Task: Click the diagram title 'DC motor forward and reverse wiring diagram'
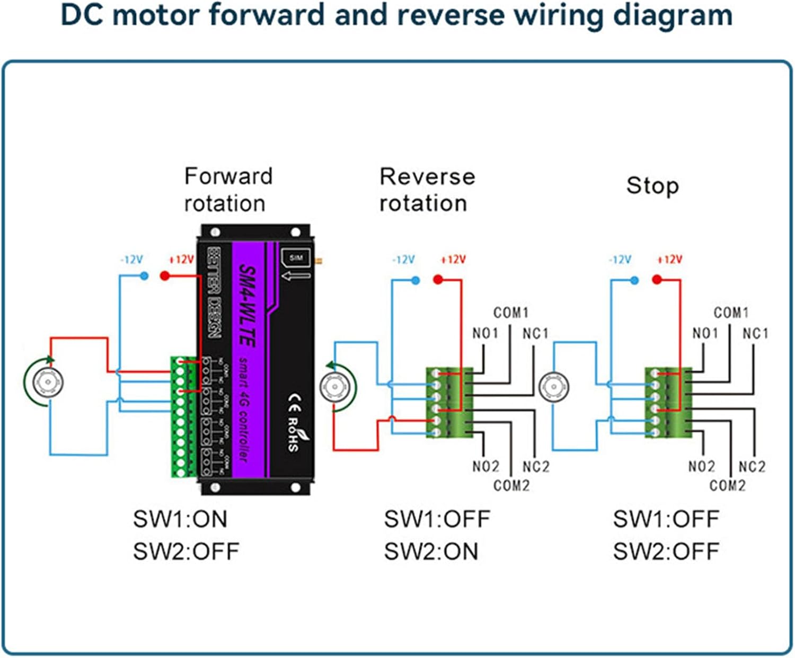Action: click(x=397, y=16)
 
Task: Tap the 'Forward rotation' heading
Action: click(x=228, y=190)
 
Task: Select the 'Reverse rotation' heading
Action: click(x=427, y=190)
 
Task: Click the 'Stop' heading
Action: click(x=652, y=186)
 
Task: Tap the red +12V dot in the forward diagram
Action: click(x=165, y=276)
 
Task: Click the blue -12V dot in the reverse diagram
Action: click(x=416, y=280)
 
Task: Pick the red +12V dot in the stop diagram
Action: click(x=657, y=280)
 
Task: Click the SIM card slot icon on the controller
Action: click(x=296, y=258)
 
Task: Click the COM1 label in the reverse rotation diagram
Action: click(x=511, y=313)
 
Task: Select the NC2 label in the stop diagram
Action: click(x=752, y=467)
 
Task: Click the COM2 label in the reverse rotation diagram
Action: click(x=511, y=485)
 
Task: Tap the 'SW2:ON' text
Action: click(x=431, y=552)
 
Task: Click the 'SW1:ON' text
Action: click(x=180, y=519)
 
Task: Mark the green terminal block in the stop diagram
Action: click(x=668, y=403)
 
